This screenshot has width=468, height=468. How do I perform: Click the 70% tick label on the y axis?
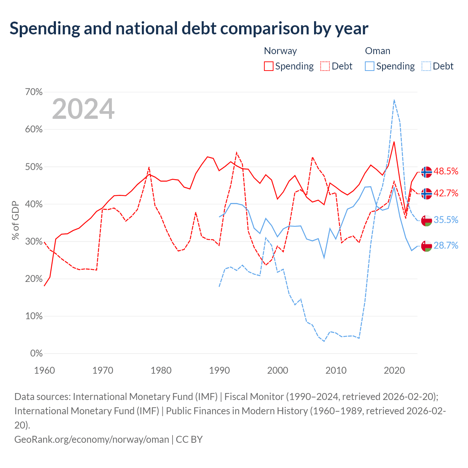point(34,92)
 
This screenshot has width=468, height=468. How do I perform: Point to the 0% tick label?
point(37,353)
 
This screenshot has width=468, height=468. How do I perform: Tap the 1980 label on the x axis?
point(161,370)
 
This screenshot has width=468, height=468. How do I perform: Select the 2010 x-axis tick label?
point(336,370)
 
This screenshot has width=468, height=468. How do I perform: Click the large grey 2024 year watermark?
point(83,109)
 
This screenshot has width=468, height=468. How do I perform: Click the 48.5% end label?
point(446,171)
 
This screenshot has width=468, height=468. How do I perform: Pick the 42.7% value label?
point(446,193)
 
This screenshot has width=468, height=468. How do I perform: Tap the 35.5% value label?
point(446,220)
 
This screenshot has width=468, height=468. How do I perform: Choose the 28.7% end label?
point(446,246)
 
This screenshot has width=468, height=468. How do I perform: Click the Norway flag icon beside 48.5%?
point(426,172)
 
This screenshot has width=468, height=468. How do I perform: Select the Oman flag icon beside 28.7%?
point(426,246)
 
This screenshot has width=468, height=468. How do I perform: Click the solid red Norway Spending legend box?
point(269,66)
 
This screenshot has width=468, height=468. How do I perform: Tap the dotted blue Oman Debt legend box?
point(426,66)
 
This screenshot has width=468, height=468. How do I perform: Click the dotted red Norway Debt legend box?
point(325,66)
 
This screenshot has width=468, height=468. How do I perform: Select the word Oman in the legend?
point(378,51)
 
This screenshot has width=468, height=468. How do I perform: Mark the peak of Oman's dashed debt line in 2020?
point(394,100)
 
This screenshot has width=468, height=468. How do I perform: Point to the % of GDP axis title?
point(15,220)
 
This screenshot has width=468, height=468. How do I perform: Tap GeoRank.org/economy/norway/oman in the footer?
point(91,439)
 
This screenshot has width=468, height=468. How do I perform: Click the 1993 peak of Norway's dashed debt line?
point(237,153)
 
